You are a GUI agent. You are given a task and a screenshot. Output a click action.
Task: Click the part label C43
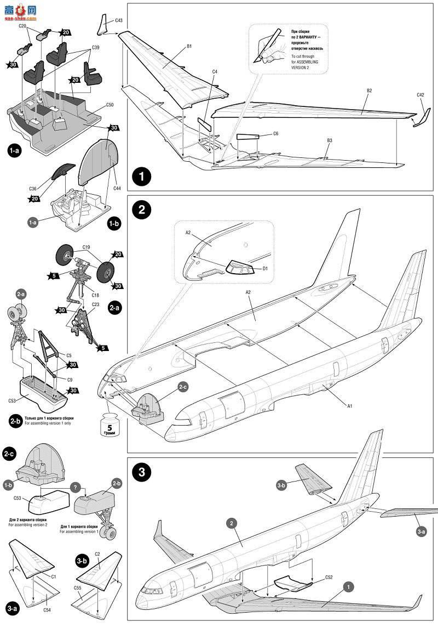118,21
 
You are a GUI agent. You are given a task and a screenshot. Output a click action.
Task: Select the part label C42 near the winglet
420,95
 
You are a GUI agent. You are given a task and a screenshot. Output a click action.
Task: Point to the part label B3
329,140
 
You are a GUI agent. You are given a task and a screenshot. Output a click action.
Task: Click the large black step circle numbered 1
142,177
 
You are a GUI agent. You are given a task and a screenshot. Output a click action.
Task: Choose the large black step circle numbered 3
142,473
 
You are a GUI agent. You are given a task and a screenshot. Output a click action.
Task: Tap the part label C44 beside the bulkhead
117,188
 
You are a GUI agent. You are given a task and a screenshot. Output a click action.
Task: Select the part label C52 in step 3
328,577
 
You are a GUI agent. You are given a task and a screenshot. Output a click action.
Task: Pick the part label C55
77,588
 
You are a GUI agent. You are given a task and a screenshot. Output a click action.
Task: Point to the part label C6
275,133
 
